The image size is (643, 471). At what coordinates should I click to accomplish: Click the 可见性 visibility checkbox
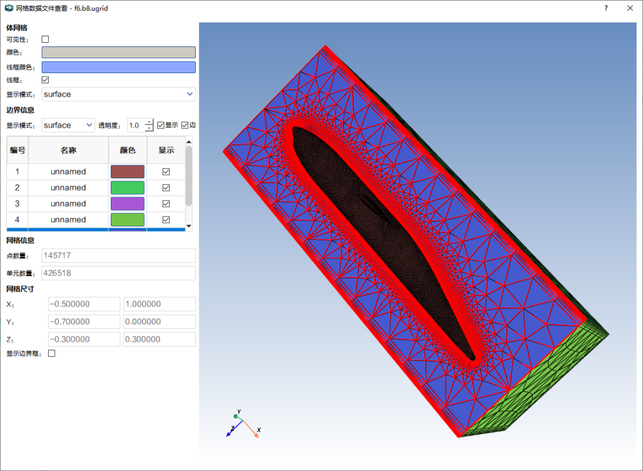(45, 39)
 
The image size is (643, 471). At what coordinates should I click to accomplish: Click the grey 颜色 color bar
(118, 52)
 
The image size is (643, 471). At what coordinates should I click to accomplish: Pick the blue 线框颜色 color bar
(118, 67)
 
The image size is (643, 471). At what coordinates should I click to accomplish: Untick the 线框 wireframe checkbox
(45, 80)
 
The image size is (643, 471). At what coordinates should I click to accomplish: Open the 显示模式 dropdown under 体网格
(118, 94)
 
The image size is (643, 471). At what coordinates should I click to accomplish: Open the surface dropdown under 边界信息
(68, 125)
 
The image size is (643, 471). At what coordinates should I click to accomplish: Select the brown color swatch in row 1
(127, 172)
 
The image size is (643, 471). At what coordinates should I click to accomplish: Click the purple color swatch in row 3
(127, 203)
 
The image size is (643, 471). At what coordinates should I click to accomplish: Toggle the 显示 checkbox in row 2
(166, 187)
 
